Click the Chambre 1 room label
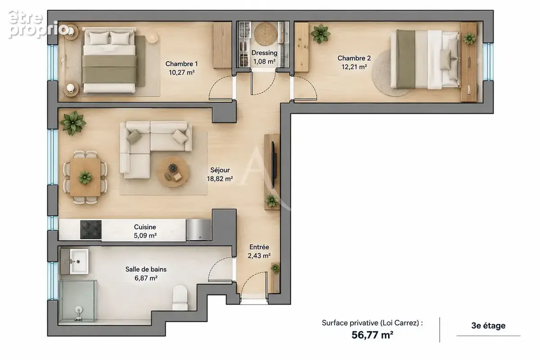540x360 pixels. point(181,63)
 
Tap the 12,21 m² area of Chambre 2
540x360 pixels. point(354,67)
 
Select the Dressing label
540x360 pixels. point(264,53)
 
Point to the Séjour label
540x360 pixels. point(220,170)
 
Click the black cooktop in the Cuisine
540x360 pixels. point(90,229)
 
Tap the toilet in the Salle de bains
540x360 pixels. point(180,298)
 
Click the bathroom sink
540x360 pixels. point(79,261)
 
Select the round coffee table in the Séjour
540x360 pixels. point(172,171)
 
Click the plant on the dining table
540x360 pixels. point(85,177)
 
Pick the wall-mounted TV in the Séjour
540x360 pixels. point(274,165)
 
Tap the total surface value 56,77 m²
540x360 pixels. point(372,335)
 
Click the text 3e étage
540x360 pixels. point(488,325)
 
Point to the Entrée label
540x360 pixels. point(259,247)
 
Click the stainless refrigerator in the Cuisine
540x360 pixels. point(199,229)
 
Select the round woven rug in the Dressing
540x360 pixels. point(265,34)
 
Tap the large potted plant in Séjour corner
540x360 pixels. point(73,123)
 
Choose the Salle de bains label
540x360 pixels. point(146,269)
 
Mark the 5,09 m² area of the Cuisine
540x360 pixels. point(145,235)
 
